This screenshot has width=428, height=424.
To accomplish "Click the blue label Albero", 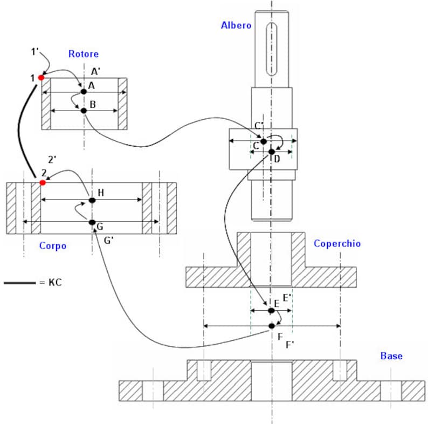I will click(236, 25).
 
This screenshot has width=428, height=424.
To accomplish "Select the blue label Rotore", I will click(83, 54).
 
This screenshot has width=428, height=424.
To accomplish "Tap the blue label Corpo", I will click(53, 246).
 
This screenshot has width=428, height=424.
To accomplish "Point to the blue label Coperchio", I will click(337, 244).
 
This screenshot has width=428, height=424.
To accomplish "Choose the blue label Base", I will click(391, 356).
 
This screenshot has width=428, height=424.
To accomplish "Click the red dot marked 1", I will click(41, 78).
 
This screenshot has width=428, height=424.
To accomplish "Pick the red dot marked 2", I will click(43, 183).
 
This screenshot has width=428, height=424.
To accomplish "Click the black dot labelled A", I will click(84, 92).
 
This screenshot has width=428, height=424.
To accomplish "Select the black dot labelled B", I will click(84, 111).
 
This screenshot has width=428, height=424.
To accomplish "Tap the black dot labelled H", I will click(92, 200).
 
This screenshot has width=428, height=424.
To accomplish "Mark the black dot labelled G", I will click(92, 222).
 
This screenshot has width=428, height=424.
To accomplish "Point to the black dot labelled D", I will click(271, 152).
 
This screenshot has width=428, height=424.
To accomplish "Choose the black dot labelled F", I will click(272, 325).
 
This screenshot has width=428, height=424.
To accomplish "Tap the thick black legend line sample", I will click(19, 282).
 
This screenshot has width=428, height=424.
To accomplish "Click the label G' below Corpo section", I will click(108, 241).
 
